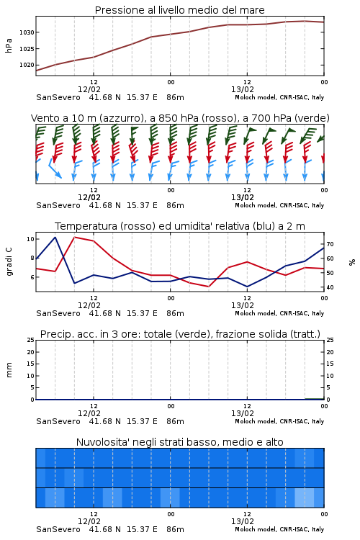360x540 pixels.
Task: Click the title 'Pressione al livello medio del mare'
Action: [x=179, y=10]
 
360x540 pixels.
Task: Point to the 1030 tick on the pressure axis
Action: [x=27, y=32]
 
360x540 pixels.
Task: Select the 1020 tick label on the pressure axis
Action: [x=27, y=65]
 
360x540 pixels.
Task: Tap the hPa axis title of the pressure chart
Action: [x=9, y=45]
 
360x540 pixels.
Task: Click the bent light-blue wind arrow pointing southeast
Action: [x=55, y=168]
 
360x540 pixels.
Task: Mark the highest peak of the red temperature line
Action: [x=75, y=237]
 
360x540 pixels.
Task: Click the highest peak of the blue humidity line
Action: [x=55, y=238]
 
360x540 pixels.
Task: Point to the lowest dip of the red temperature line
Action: [x=208, y=287]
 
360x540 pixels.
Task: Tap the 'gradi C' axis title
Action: [x=9, y=261]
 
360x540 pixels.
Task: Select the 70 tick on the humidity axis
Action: [x=330, y=244]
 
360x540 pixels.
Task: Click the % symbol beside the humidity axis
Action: [x=352, y=262]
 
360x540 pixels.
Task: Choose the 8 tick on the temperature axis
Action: [x=32, y=258]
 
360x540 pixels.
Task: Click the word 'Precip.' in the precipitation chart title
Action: [x=53, y=334]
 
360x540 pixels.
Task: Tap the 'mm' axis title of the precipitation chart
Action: [x=9, y=370]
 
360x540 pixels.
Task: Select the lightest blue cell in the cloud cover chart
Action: [x=305, y=498]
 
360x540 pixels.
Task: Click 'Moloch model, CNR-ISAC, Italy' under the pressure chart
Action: [x=279, y=97]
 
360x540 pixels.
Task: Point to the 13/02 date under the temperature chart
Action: [x=243, y=305]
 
